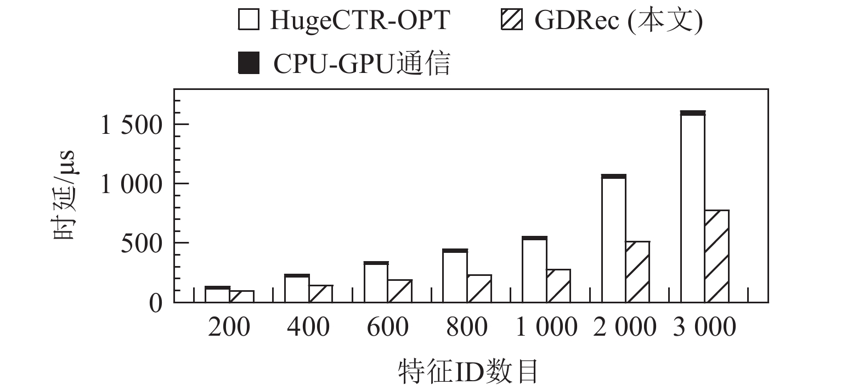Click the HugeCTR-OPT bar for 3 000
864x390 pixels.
tap(693, 208)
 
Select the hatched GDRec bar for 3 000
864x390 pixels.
tap(716, 256)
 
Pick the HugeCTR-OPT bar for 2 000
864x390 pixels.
tap(614, 240)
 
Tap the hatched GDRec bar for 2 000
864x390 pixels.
tap(637, 272)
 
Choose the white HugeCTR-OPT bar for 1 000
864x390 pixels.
tap(534, 271)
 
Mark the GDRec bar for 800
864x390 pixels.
tap(479, 289)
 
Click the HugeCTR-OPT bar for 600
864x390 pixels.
tap(376, 283)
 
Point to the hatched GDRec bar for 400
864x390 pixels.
tap(321, 294)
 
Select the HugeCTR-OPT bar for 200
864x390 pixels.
tap(217, 295)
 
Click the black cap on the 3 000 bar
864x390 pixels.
tap(693, 113)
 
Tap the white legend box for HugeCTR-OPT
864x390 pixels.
tap(249, 20)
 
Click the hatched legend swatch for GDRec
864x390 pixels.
tap(511, 20)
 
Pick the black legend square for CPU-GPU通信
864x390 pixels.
tap(249, 63)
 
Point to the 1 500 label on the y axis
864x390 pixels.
tap(132, 125)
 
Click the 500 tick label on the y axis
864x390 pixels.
tap(142, 244)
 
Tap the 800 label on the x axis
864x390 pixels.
tap(467, 327)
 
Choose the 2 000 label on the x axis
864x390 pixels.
tap(625, 327)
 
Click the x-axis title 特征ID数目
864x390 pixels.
tap(468, 372)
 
